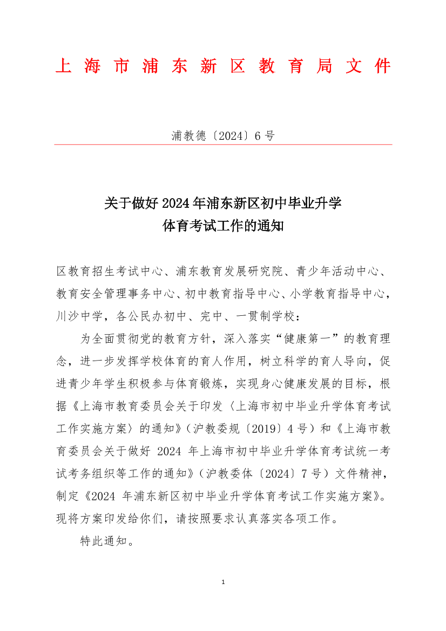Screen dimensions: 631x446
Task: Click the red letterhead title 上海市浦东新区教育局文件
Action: pos(223,66)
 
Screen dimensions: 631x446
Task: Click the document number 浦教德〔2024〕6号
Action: pos(223,136)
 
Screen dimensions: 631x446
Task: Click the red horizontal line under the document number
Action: pos(223,145)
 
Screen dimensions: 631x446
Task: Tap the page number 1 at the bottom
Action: pos(223,582)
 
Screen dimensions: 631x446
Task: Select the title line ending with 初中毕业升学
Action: pos(223,203)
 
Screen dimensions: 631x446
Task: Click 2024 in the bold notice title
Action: pos(174,203)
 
